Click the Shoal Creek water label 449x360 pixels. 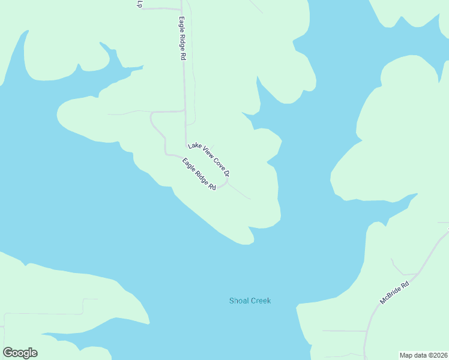(250, 301)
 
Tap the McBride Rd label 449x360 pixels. (394, 292)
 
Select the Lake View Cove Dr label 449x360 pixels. (209, 159)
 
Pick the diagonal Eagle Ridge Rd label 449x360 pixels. (199, 174)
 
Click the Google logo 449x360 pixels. (20, 353)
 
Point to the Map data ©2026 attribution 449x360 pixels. (424, 355)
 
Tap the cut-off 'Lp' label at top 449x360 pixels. (139, 4)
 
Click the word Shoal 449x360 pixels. (240, 301)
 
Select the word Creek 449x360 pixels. (261, 301)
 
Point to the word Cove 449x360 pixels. (216, 164)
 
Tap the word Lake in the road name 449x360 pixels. (193, 146)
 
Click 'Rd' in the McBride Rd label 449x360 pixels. (406, 283)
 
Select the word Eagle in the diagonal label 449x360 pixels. (190, 166)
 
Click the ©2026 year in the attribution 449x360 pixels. (437, 355)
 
